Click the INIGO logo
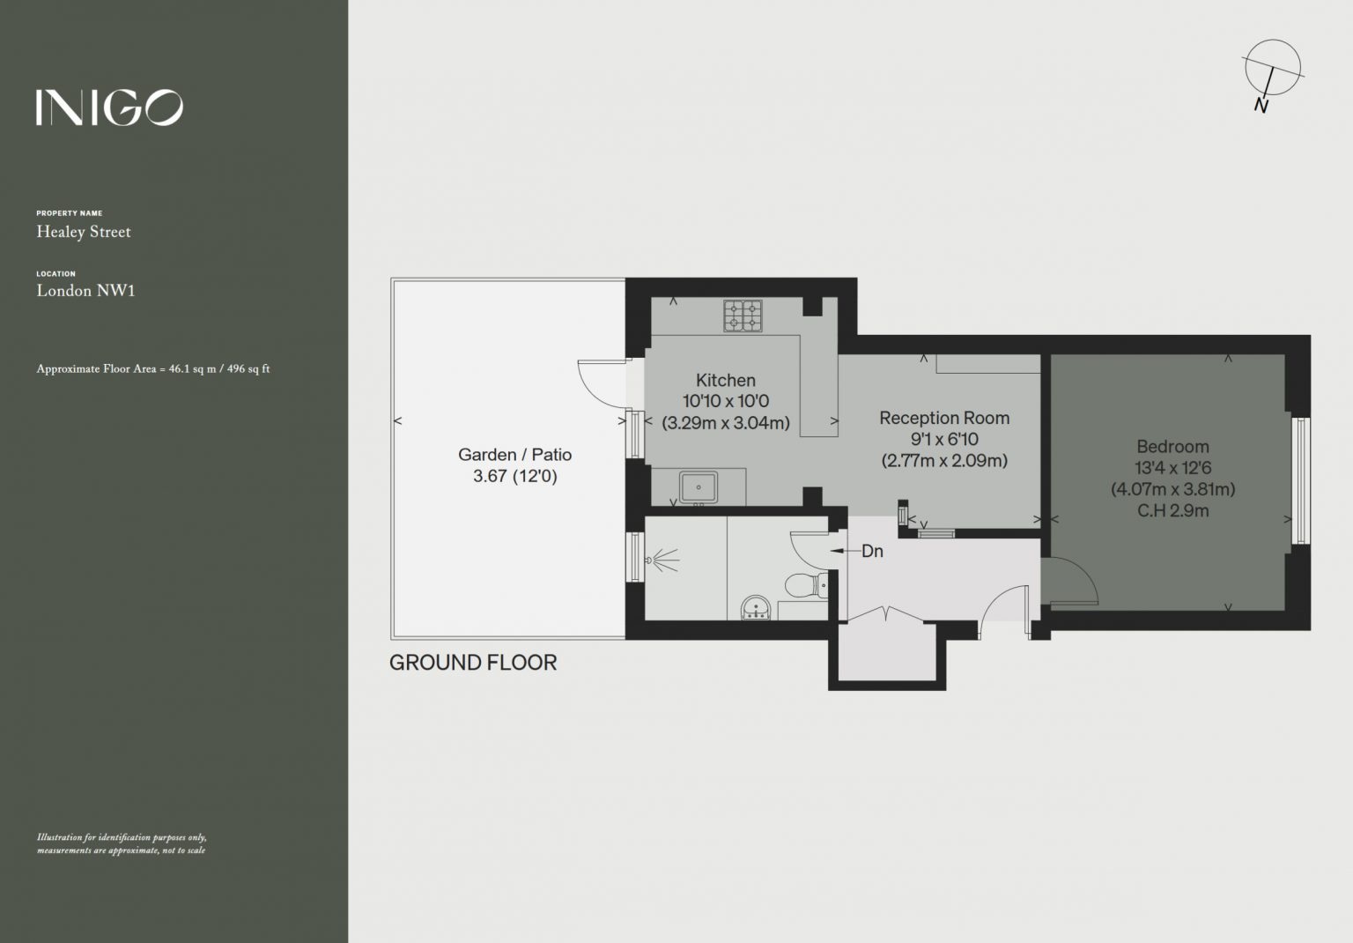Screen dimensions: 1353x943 (109, 108)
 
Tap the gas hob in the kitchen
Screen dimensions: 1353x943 (743, 316)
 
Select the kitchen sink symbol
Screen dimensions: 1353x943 (699, 487)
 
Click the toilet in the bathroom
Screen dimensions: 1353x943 (806, 585)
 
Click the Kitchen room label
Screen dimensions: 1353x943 (726, 380)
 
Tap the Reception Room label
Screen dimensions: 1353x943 (944, 418)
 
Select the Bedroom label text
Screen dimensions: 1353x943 (1172, 447)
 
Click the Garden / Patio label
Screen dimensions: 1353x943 (514, 455)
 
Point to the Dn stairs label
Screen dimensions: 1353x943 (872, 551)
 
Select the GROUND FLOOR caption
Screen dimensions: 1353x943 (473, 663)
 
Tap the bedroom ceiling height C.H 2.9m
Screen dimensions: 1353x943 (1173, 511)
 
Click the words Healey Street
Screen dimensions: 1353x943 (84, 232)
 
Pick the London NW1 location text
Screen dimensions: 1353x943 (85, 291)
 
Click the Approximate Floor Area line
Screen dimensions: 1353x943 (152, 368)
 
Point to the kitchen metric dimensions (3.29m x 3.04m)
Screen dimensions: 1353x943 (726, 422)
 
